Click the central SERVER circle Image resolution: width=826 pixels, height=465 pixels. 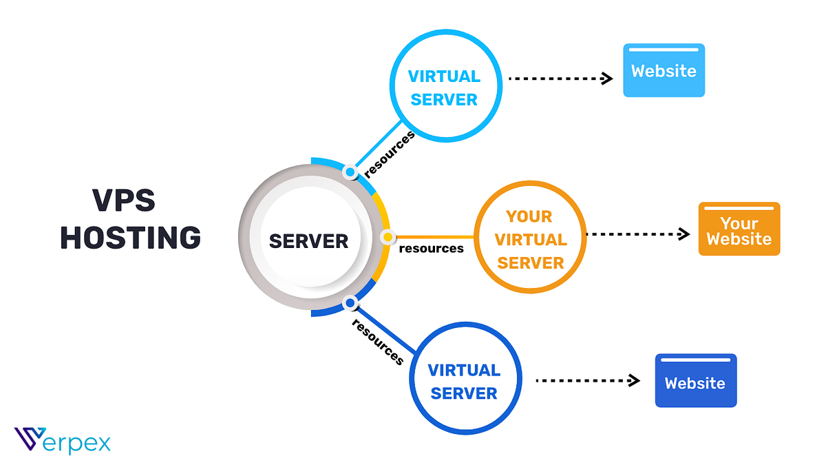pyautogui.click(x=308, y=241)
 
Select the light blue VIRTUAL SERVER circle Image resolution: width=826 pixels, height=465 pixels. pyautogui.click(x=444, y=87)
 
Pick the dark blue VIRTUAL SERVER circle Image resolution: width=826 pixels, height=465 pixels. pyautogui.click(x=463, y=382)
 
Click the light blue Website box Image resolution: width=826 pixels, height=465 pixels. pyautogui.click(x=664, y=71)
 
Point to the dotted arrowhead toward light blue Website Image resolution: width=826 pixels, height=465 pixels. pyautogui.click(x=607, y=79)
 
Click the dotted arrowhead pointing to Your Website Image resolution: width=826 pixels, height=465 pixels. pyautogui.click(x=684, y=234)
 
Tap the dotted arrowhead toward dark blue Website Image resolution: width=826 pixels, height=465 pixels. pyautogui.click(x=635, y=380)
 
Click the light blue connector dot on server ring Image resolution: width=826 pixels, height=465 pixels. pyautogui.click(x=350, y=172)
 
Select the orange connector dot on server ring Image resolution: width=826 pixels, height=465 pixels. pyautogui.click(x=388, y=237)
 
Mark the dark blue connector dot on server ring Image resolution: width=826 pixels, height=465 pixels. pyautogui.click(x=350, y=302)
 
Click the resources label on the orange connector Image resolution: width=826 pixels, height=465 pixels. pyautogui.click(x=432, y=248)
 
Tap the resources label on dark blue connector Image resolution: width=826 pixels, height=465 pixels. pyautogui.click(x=377, y=341)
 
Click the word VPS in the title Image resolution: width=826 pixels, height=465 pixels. pyautogui.click(x=124, y=201)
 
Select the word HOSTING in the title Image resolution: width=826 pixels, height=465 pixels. pyautogui.click(x=130, y=238)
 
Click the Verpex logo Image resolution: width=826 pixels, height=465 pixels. pyautogui.click(x=62, y=441)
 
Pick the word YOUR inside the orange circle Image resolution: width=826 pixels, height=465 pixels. pyautogui.click(x=529, y=217)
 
